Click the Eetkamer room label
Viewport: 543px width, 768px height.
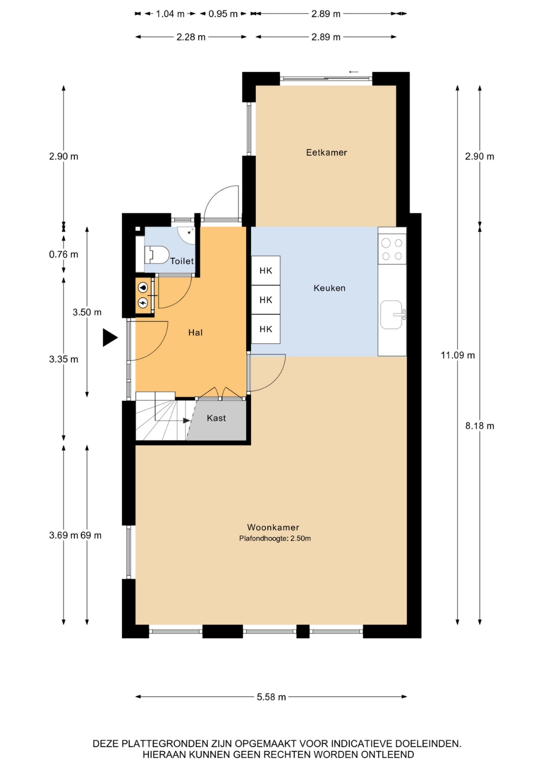(326, 152)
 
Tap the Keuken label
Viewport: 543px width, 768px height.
(329, 288)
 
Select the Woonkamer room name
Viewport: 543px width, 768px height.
(273, 527)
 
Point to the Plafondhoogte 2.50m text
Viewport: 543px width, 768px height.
(275, 538)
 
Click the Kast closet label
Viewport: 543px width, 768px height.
(216, 418)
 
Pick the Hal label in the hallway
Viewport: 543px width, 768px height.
(195, 332)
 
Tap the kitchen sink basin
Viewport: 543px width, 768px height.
(391, 315)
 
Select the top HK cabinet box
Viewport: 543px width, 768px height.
(266, 271)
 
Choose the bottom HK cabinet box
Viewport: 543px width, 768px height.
(266, 329)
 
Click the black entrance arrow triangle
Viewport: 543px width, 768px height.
(110, 338)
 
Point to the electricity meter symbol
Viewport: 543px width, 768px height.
(143, 303)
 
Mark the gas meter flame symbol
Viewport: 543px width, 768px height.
(143, 288)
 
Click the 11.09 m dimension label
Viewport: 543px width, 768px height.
(458, 355)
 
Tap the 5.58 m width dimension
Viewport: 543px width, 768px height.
(271, 696)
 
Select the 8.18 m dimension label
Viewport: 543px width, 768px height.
(480, 426)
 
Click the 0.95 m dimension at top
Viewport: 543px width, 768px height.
(223, 14)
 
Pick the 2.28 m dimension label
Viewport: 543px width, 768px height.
(191, 37)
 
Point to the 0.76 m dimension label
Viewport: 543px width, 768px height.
(63, 254)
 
